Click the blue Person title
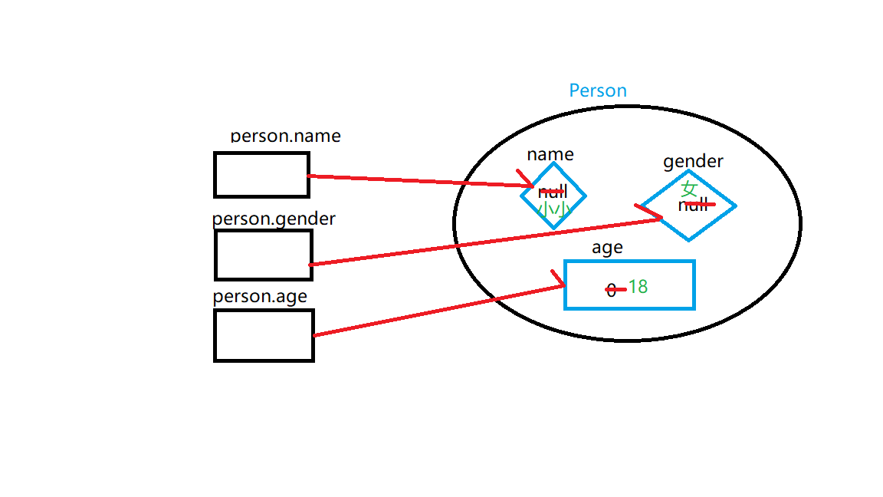(x=598, y=91)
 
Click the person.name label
(x=286, y=137)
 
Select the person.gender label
(x=274, y=219)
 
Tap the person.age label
(x=260, y=297)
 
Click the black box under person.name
(x=261, y=175)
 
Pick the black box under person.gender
(x=263, y=255)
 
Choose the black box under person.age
(x=264, y=335)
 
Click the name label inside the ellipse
(x=550, y=154)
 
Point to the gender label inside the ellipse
(x=693, y=161)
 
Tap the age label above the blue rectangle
(x=607, y=247)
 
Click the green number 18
(x=638, y=287)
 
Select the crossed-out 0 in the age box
(x=611, y=290)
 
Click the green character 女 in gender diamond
(x=690, y=188)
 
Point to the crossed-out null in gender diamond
(x=693, y=205)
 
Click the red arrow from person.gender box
(x=483, y=242)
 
